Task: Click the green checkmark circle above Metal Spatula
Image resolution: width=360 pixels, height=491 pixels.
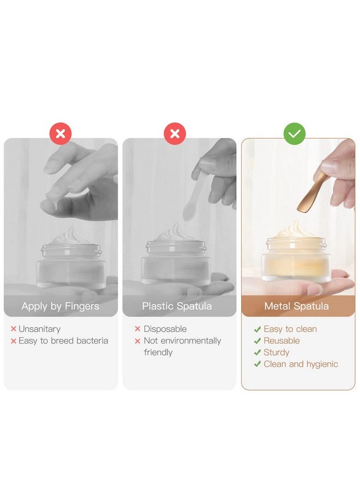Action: [x=294, y=134]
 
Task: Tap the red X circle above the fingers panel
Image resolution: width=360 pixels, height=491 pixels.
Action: [x=61, y=134]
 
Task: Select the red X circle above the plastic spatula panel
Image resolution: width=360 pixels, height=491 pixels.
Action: [x=175, y=134]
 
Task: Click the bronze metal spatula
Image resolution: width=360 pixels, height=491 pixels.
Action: [x=311, y=195]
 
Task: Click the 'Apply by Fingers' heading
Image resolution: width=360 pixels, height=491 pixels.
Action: [x=61, y=306]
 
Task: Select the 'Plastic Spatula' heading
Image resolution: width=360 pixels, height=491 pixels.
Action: [x=177, y=306]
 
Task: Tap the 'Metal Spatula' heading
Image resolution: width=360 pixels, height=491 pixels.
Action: [x=296, y=306]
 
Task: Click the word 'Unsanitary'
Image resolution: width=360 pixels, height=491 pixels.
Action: [x=39, y=329]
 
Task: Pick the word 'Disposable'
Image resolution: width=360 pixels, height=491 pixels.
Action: [x=165, y=329]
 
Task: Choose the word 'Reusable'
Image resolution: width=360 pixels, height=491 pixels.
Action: [x=282, y=340]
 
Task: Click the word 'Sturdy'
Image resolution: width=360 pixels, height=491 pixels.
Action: [x=277, y=352]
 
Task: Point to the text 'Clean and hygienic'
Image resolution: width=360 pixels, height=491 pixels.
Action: [x=301, y=364]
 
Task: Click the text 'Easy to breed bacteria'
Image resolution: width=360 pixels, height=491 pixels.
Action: [x=63, y=340]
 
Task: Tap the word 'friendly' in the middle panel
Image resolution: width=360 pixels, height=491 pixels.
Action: [x=158, y=352]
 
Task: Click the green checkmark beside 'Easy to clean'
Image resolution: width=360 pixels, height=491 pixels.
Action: [x=257, y=329]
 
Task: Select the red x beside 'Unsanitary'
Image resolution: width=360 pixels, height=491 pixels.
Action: [x=14, y=329]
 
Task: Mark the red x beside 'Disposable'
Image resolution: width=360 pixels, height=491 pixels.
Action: [x=137, y=329]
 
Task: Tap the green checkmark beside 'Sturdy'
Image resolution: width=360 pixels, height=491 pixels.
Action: [x=257, y=352]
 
